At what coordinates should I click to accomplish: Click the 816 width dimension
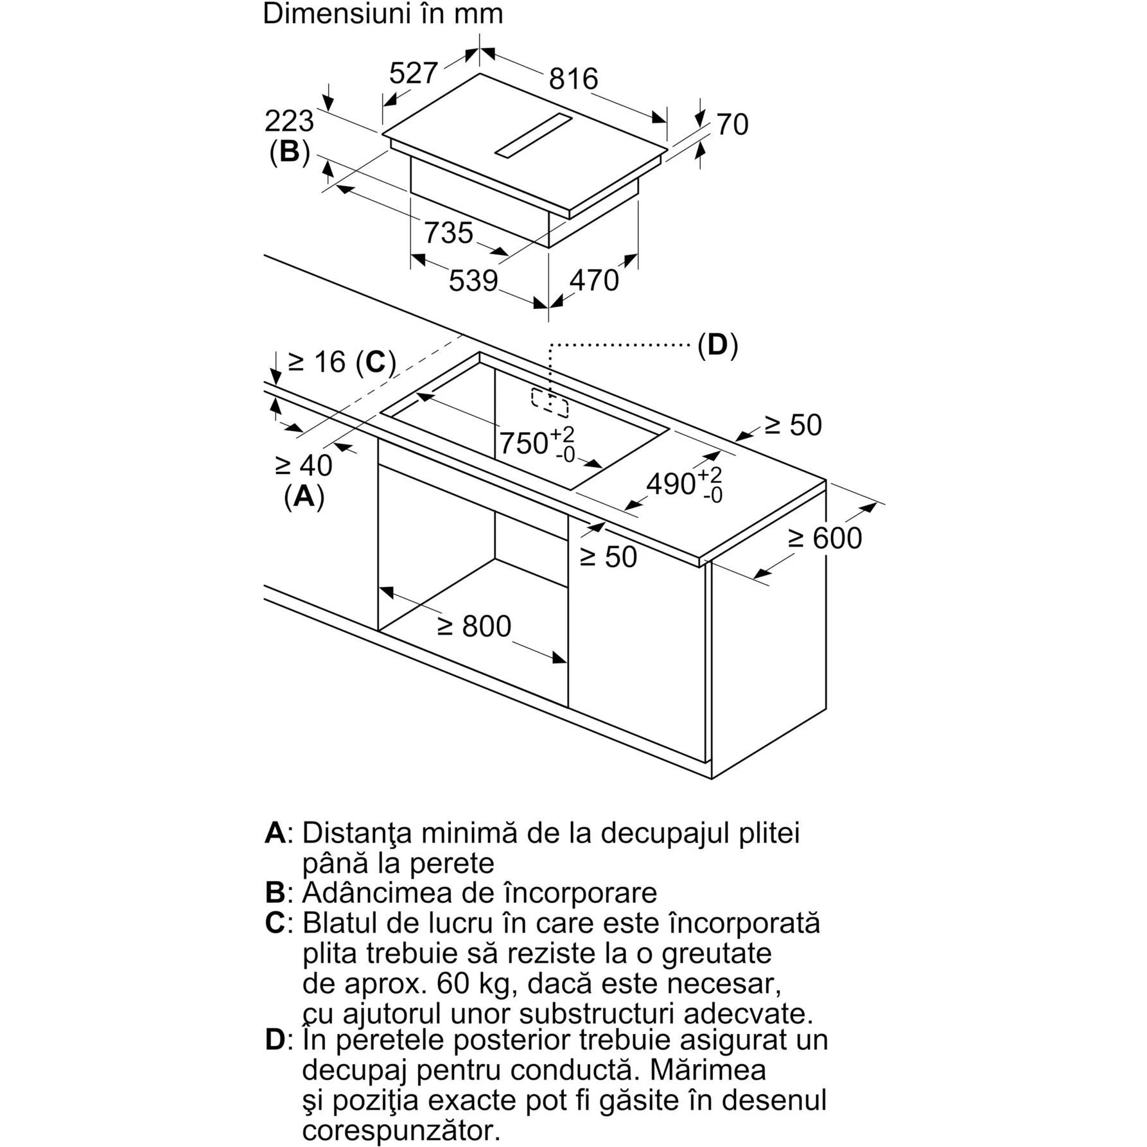[573, 79]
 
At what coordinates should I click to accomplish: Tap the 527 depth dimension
[414, 73]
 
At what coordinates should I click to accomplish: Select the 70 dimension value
[732, 125]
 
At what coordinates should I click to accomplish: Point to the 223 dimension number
[289, 121]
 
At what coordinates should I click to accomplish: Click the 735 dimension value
[448, 232]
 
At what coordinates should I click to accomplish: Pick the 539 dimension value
[473, 281]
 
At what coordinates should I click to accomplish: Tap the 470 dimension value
[594, 280]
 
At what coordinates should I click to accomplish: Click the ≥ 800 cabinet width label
[475, 626]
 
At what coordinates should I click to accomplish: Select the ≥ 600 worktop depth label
[825, 538]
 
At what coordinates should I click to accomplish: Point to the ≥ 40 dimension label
[304, 466]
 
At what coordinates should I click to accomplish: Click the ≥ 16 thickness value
[317, 362]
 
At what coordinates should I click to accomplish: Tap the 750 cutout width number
[524, 442]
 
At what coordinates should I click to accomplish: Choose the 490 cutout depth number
[671, 484]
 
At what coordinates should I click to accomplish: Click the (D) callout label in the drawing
[718, 346]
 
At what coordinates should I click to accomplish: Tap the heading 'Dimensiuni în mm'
[383, 14]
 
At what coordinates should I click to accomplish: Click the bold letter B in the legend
[275, 893]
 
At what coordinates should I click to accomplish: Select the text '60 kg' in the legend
[471, 983]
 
